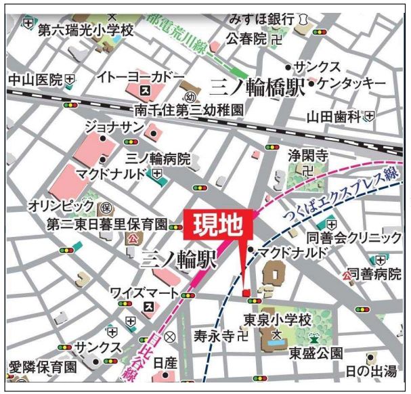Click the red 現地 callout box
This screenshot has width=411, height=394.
218,225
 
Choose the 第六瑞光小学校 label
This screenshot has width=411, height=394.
85,30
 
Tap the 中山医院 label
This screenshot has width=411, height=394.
35,80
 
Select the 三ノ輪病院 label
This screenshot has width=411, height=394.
158,159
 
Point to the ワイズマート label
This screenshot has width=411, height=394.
144,293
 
